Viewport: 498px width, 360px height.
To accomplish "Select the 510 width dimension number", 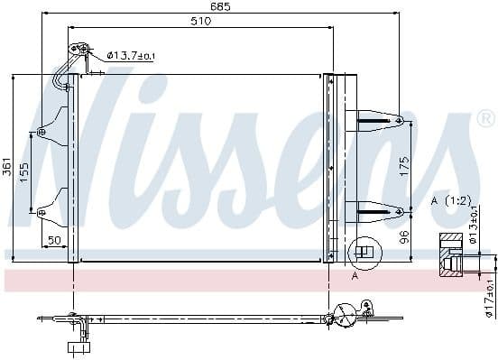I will tap(200, 22).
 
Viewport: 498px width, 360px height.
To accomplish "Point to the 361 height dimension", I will tap(7, 167).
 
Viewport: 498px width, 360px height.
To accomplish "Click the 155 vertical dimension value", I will tap(25, 172).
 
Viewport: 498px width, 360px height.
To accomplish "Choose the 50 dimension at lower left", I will tap(53, 240).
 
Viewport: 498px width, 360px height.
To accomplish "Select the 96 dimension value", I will tap(405, 236).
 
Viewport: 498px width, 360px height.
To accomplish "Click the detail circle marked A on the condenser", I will tap(364, 253).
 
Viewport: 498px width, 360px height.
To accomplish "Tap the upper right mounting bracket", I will tap(373, 118).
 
